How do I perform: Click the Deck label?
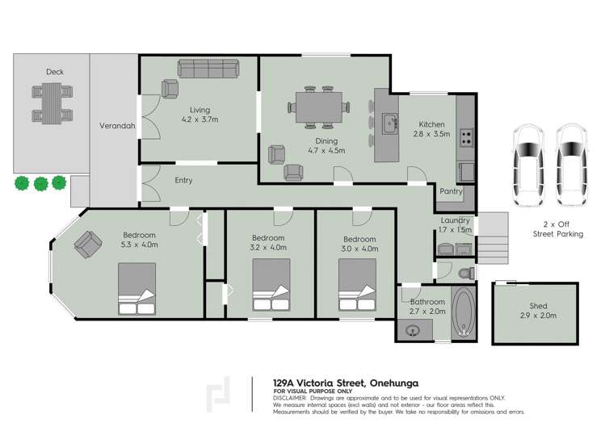pos(55,72)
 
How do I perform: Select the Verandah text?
pos(116,127)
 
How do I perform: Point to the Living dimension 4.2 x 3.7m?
pos(199,119)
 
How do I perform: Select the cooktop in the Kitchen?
pos(466,137)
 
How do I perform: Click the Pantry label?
pos(450,192)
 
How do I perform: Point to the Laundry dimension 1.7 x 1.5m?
pos(456,230)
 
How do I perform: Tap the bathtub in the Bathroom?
pos(464,312)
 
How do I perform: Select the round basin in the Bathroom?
pos(414,329)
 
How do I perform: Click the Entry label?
pos(183,180)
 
